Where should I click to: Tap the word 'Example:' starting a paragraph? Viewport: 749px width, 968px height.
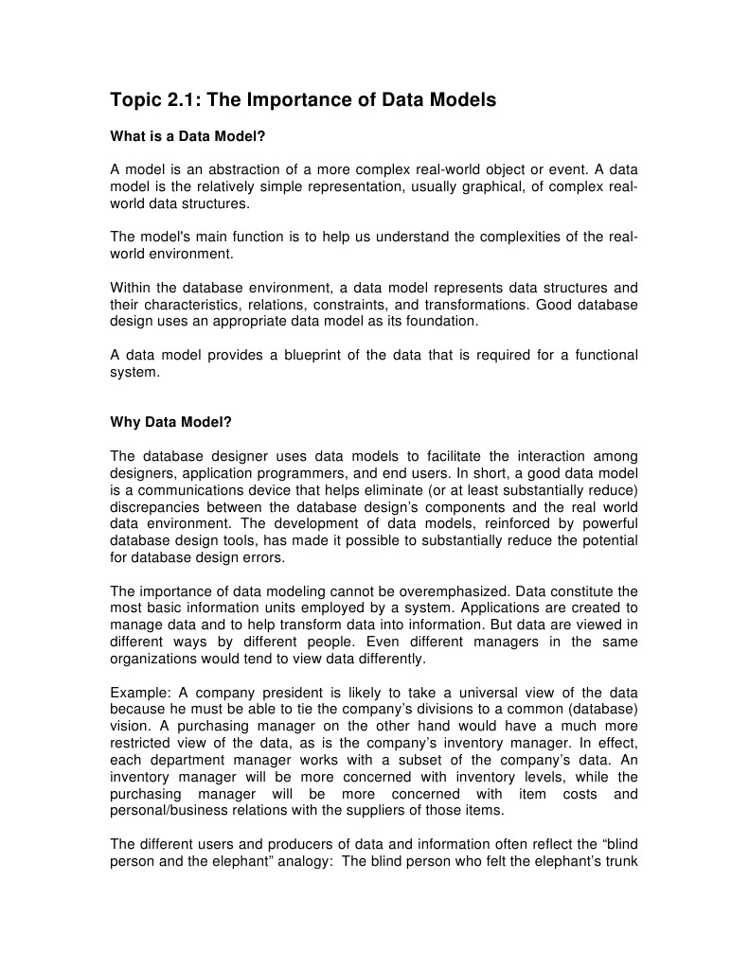point(139,693)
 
